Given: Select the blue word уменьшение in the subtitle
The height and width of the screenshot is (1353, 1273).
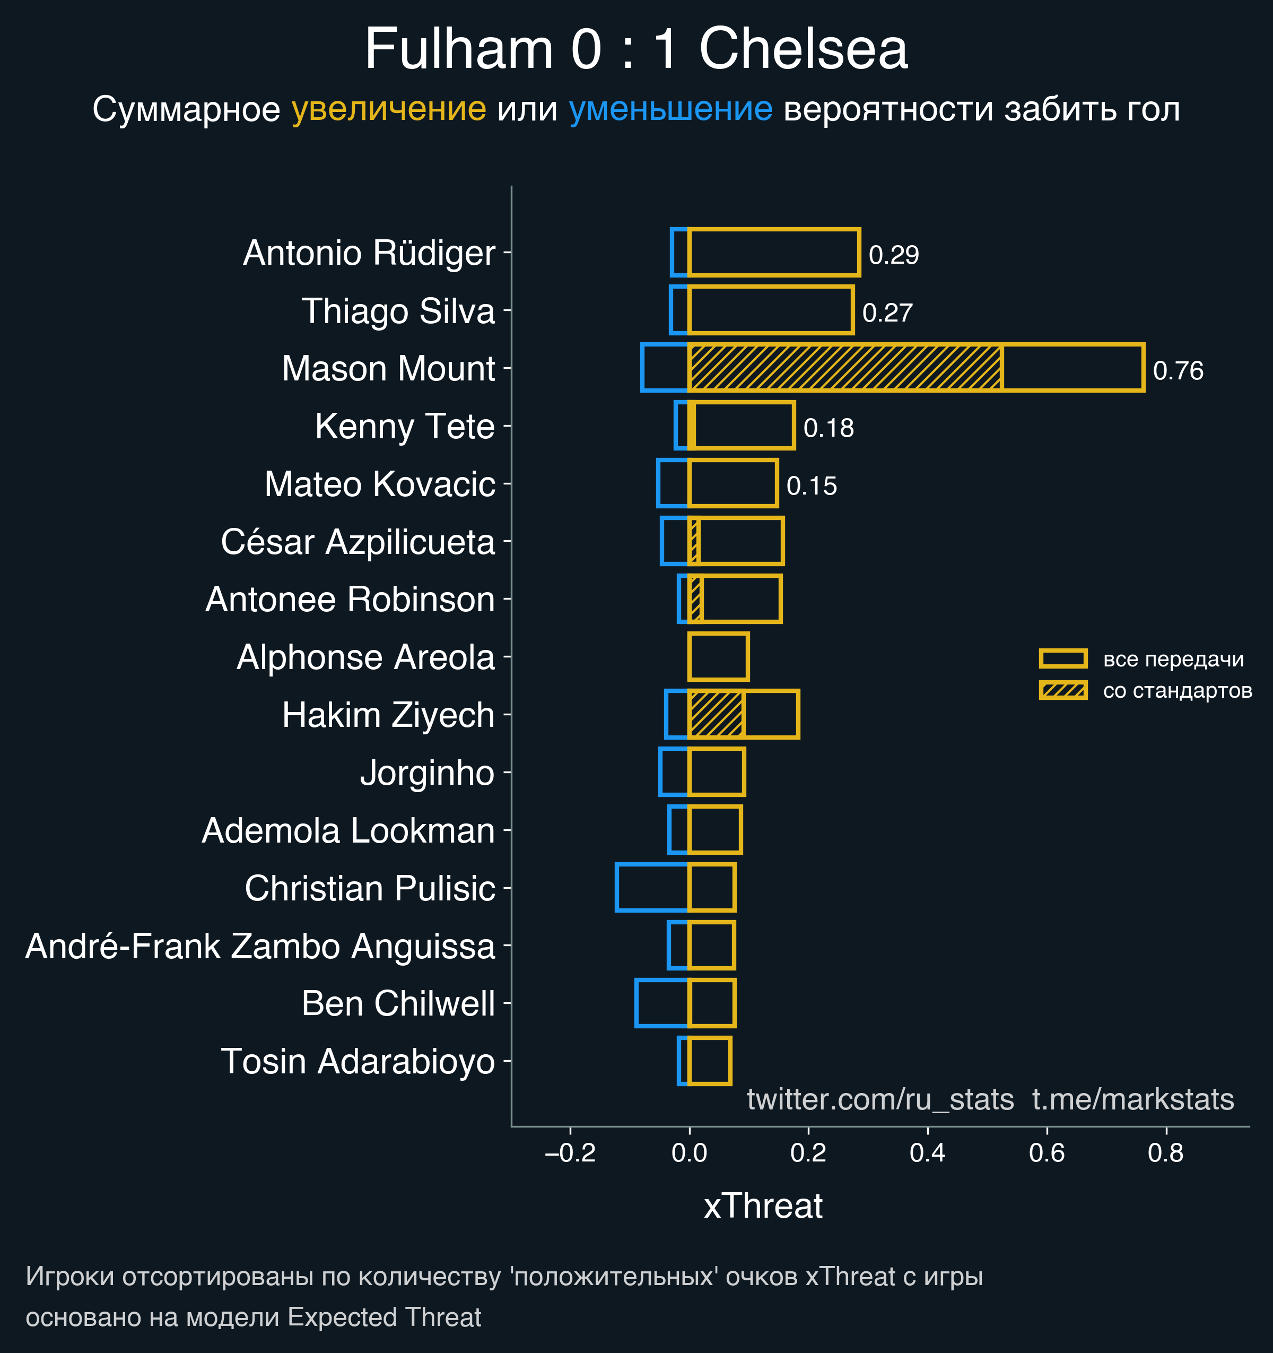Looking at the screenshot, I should point(670,109).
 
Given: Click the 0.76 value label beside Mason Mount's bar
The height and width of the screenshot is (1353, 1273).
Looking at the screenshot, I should point(1178,371).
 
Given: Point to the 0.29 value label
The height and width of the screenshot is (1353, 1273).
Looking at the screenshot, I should point(893,255).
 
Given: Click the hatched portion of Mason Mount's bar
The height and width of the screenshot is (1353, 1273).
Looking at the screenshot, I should point(844,368).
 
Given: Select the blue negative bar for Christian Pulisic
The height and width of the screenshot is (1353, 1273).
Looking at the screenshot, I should point(652,888).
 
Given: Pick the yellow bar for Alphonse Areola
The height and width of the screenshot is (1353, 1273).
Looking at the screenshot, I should point(719,657).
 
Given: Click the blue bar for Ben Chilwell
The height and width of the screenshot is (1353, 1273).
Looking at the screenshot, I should point(661,1003).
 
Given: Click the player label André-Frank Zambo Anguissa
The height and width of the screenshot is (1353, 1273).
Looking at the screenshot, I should point(260,946).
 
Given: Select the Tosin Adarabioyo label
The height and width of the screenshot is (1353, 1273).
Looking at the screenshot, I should point(358,1062).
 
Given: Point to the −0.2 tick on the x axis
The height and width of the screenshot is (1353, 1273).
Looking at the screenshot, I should point(570,1153).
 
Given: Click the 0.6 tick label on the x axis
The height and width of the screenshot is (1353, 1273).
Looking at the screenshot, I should point(1047,1153).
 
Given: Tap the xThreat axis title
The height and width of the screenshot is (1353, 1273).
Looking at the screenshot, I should point(763,1206).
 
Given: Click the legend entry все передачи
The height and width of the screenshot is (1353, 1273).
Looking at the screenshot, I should point(1173,659).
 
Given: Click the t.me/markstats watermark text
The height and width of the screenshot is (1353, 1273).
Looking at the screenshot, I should point(1133,1099).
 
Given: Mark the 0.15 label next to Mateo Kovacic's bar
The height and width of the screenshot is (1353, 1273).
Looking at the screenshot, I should point(811,486).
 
